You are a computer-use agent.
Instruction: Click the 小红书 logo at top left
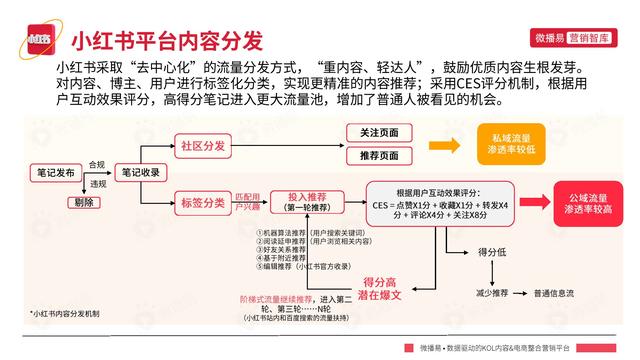(x=38, y=41)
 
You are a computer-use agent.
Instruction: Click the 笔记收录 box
(x=142, y=173)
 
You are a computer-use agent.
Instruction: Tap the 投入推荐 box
(x=310, y=201)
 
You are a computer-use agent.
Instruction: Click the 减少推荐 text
(x=492, y=293)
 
